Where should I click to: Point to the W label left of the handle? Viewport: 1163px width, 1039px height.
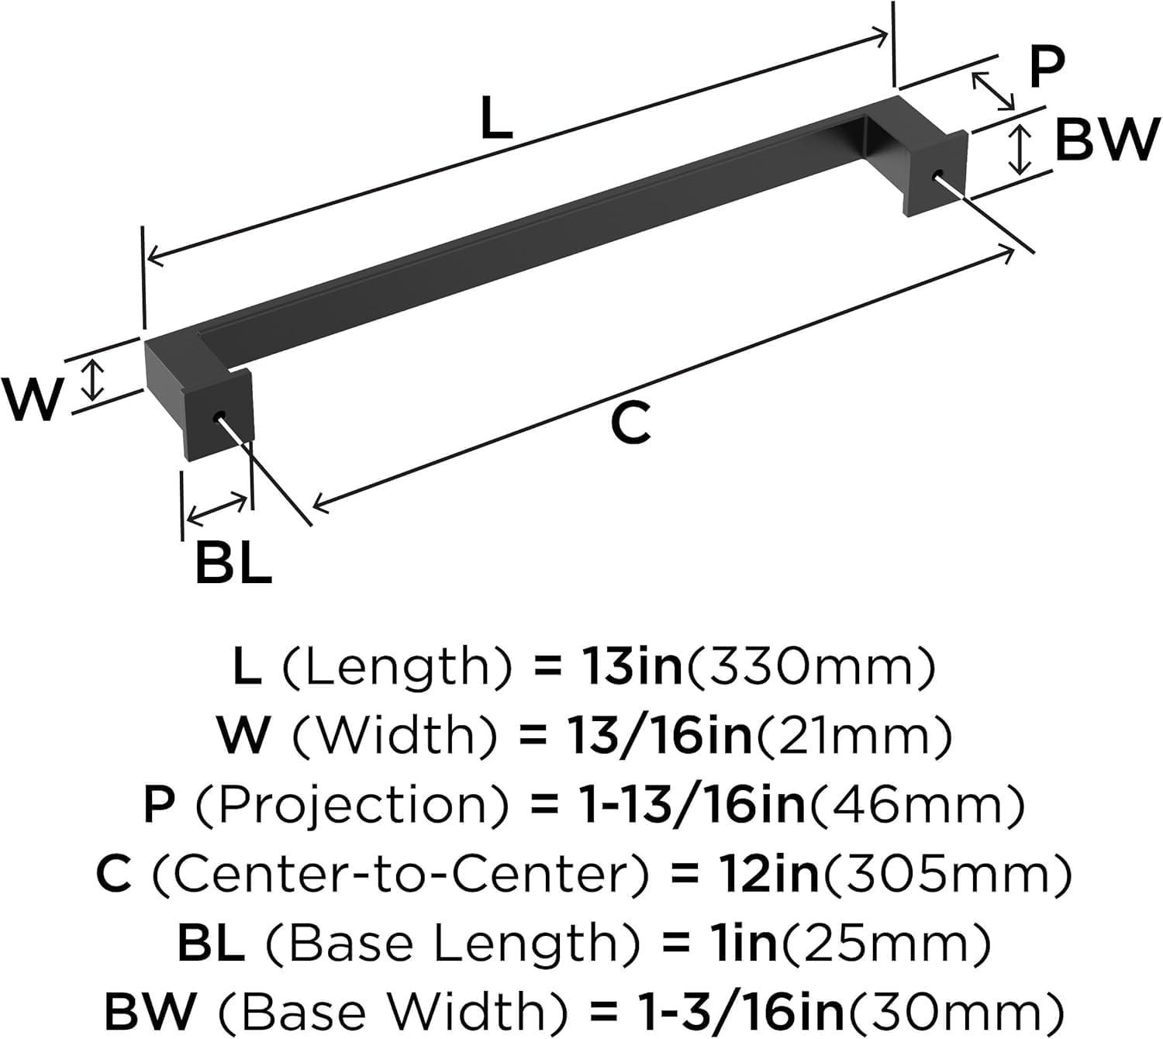(x=32, y=400)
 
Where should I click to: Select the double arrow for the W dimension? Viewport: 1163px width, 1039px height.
(x=94, y=379)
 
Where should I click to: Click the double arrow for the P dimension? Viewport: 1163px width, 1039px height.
(x=993, y=91)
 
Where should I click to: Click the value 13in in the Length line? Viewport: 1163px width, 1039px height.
(x=628, y=667)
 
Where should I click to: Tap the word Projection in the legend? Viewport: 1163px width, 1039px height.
(x=353, y=806)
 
